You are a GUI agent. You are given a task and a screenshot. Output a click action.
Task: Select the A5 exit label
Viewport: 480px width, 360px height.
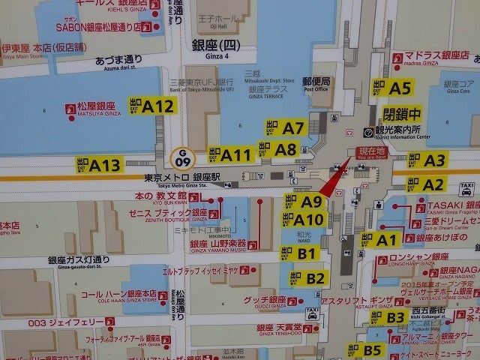point(391,88)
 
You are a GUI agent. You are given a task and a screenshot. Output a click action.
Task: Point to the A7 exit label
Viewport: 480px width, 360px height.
point(284,128)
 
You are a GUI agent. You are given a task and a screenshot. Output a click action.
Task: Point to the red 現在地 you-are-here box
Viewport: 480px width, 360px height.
point(370,152)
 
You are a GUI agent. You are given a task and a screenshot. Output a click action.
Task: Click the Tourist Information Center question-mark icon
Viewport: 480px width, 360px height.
point(367,132)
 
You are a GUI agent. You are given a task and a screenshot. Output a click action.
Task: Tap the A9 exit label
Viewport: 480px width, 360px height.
point(304,201)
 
